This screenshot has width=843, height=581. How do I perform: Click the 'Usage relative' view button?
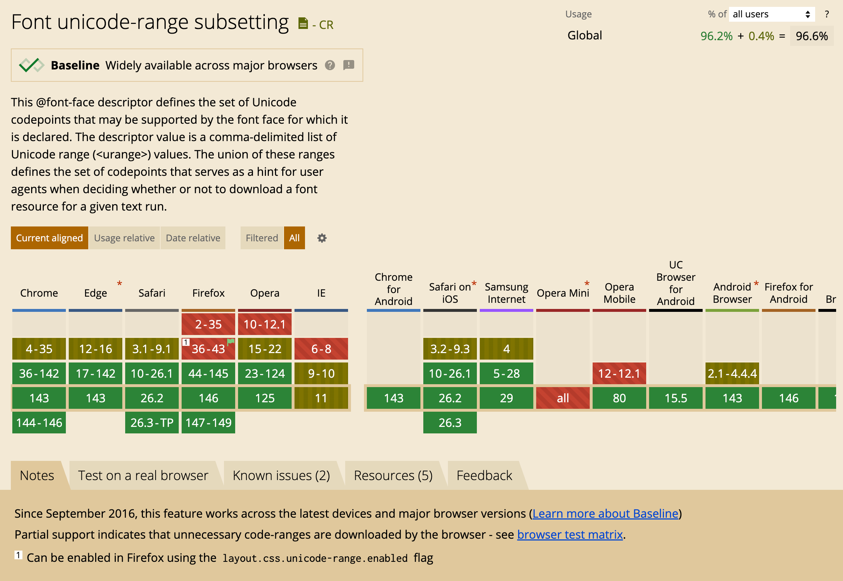(124, 238)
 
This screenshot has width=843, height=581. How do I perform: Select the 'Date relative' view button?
(193, 238)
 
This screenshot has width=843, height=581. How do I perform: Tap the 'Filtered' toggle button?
(262, 238)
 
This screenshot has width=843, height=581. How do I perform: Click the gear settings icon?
(322, 238)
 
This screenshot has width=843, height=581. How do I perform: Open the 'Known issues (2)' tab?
(281, 475)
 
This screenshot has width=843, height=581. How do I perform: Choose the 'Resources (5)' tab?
(393, 475)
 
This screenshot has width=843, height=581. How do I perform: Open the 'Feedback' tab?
(484, 475)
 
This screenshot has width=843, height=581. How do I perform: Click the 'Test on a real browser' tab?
(143, 475)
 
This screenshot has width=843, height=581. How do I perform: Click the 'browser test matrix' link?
(569, 534)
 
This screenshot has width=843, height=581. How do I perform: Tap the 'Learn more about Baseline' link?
(605, 513)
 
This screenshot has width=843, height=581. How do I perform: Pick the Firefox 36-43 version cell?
(208, 349)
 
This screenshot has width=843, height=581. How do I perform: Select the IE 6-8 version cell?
(321, 349)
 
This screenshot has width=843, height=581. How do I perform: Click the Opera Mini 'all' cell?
(563, 398)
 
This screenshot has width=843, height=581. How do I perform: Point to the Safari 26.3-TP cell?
(152, 423)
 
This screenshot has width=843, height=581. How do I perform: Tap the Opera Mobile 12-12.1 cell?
(619, 373)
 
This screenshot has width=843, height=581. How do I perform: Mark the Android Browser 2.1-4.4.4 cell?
(732, 373)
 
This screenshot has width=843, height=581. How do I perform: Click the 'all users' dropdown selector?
(771, 14)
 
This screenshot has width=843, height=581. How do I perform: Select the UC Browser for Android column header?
(675, 283)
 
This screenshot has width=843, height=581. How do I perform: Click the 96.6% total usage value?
(812, 36)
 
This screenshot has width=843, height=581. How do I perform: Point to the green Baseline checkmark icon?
(31, 65)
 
